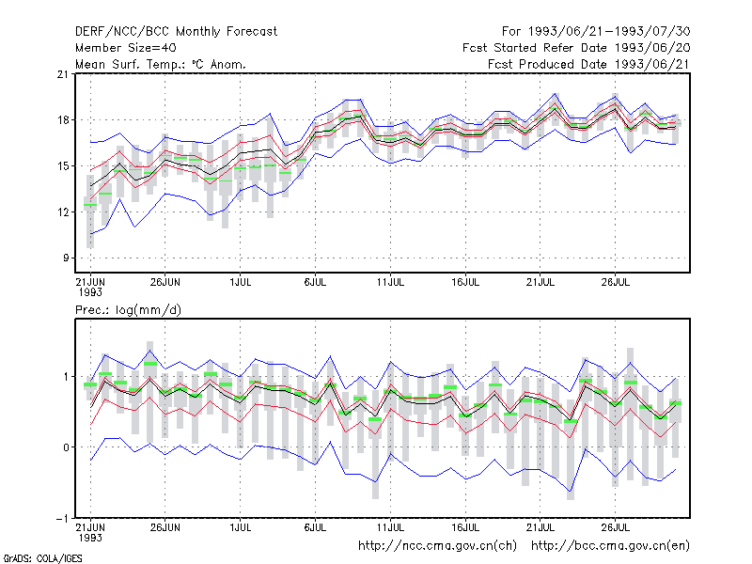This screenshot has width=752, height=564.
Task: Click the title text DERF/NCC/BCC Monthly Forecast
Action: click(176, 32)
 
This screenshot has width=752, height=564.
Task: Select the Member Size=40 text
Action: click(126, 48)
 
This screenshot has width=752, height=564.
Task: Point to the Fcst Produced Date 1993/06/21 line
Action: click(588, 64)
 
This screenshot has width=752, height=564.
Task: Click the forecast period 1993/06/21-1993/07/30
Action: click(609, 32)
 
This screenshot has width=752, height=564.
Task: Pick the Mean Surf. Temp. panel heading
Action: click(161, 64)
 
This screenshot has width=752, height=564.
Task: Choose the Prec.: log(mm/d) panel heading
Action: click(128, 310)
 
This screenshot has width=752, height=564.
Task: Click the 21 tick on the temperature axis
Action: click(62, 74)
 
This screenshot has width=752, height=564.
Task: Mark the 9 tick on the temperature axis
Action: click(65, 258)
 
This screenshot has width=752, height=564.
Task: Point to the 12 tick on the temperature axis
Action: click(62, 212)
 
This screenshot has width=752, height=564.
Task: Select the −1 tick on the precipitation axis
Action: click(61, 519)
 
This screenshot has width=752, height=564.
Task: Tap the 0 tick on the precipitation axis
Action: click(65, 447)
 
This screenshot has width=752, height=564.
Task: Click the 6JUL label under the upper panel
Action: click(315, 282)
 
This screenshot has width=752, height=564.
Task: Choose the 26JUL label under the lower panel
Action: click(616, 527)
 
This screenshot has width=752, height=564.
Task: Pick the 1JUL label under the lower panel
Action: click(241, 527)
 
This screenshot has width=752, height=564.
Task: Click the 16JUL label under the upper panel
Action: click(465, 282)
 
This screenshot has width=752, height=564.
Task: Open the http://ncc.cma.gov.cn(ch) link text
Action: click(437, 546)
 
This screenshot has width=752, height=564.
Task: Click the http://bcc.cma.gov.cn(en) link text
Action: click(610, 546)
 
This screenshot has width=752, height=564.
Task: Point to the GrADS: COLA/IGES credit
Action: click(42, 558)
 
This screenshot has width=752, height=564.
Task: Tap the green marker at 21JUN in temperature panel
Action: click(90, 205)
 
